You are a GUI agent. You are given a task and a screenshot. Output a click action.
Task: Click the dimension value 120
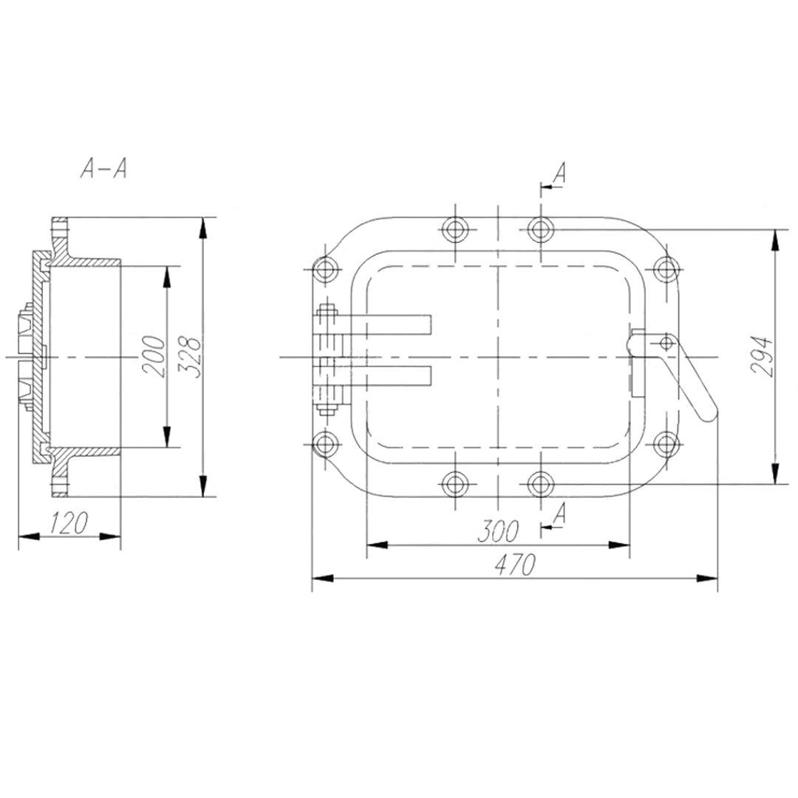click(69, 522)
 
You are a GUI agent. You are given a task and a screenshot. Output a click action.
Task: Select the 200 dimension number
click(154, 356)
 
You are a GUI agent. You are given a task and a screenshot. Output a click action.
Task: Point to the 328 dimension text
click(191, 356)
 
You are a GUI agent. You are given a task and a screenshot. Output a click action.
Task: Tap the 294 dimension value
click(763, 355)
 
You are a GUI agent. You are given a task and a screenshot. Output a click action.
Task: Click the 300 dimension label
click(498, 531)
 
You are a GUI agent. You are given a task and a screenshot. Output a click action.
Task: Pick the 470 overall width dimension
click(515, 565)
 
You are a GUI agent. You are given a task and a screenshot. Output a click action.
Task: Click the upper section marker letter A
click(559, 173)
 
